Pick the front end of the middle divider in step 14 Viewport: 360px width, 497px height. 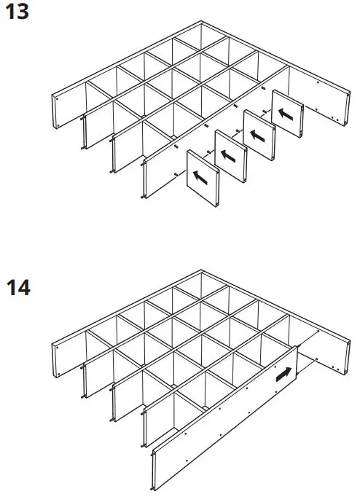(x=114, y=412)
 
